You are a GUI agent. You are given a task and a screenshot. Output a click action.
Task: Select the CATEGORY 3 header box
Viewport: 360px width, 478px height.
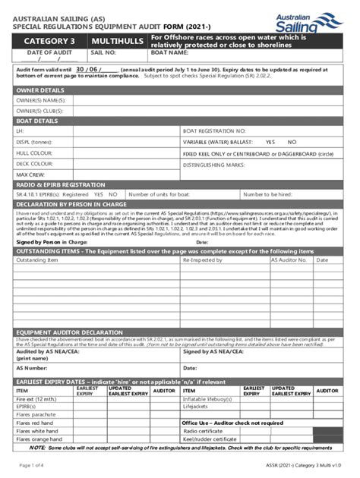coord(49,40)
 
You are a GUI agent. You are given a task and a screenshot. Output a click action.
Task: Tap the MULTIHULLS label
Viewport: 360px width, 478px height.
coord(116,40)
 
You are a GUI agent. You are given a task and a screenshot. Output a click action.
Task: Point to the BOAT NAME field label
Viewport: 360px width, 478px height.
coord(169,54)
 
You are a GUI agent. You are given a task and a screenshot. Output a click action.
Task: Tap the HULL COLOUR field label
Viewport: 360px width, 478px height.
coord(34,153)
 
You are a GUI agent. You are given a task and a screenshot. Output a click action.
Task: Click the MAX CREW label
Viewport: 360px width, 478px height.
coord(30,174)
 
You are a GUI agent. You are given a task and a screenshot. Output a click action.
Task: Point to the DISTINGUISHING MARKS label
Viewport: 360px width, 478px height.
coord(213,164)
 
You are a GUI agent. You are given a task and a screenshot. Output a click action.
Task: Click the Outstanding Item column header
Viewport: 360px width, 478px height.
coord(37,259)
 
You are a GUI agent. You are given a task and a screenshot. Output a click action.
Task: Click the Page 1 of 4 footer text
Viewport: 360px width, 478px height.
coord(34,464)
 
